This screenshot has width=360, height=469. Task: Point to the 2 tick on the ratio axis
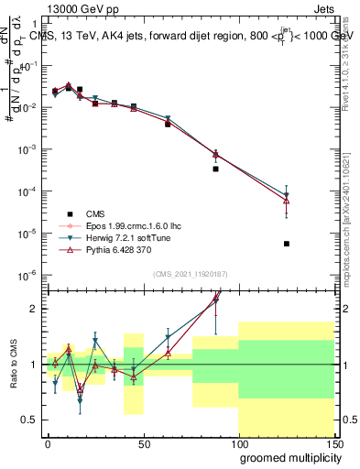[x=37, y=309]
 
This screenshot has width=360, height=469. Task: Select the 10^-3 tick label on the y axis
[x=28, y=149]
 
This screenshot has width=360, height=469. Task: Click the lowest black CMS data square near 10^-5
[x=287, y=244]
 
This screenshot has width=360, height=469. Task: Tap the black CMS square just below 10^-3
[x=215, y=169]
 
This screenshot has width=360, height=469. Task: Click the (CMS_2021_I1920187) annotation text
[x=190, y=274]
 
